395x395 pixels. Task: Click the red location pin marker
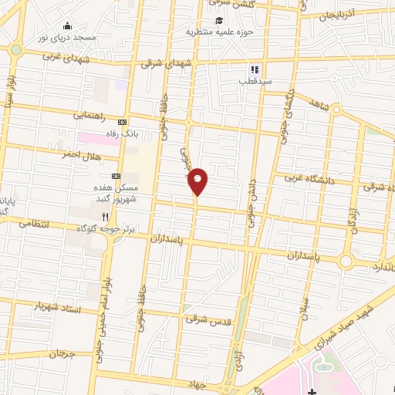coord(198,181)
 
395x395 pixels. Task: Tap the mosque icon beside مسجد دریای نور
coord(68,26)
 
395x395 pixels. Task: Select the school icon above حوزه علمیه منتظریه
coord(220,21)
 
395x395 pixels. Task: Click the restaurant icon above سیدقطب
coord(253,69)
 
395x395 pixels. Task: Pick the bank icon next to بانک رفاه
coord(122,122)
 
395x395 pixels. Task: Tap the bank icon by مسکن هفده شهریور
coord(116,175)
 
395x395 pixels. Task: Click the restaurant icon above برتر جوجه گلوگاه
coord(106,217)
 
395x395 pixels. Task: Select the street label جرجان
coord(63,354)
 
